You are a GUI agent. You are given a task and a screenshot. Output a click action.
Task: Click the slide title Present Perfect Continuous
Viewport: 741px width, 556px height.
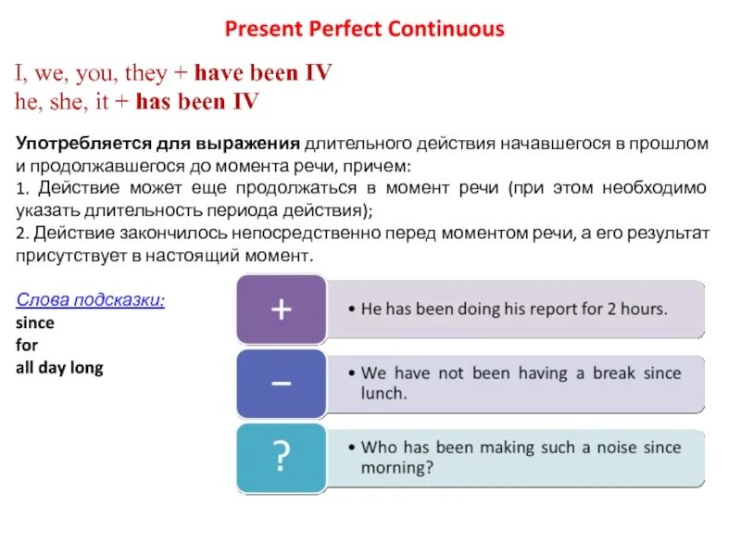tap(365, 29)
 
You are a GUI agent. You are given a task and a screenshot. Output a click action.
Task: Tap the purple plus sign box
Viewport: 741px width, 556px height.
tap(281, 309)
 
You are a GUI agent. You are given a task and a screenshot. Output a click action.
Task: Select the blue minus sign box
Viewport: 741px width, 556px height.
tap(281, 383)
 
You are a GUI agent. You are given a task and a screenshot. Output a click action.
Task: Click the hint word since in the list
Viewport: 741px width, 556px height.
tap(35, 323)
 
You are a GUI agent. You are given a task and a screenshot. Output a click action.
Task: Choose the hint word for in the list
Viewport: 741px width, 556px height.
tap(26, 346)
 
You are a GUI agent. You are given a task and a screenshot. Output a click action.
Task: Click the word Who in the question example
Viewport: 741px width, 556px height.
tap(379, 447)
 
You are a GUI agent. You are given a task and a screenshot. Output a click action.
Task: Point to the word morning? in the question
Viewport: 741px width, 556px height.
tap(397, 468)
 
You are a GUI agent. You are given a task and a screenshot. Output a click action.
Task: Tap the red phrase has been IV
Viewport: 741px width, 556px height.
tap(196, 102)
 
